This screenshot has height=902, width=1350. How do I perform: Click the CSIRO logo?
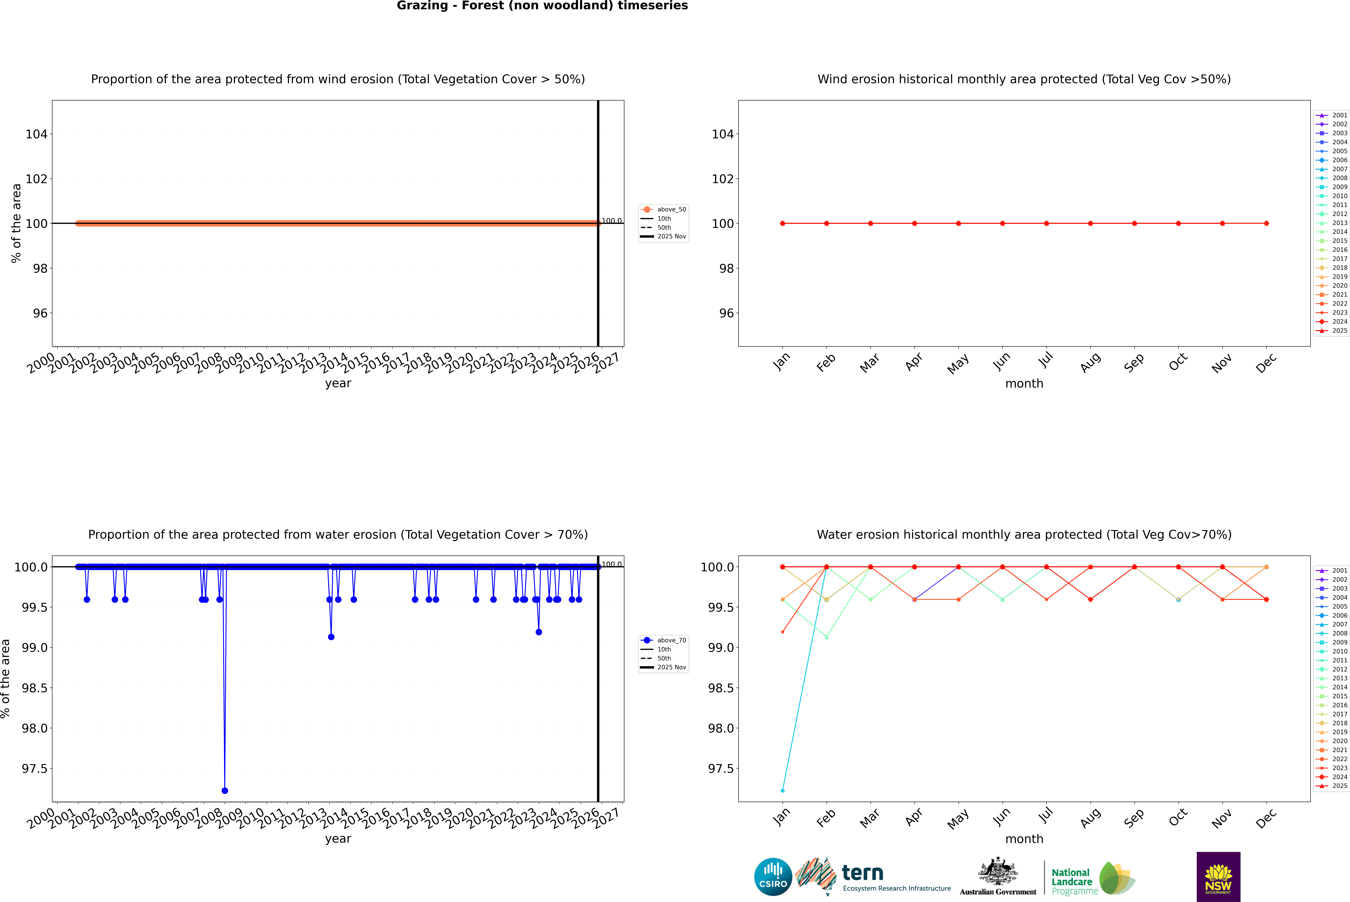tap(773, 877)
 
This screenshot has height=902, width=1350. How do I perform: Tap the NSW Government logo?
tap(1218, 877)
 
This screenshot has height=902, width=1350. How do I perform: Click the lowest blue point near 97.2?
tap(224, 790)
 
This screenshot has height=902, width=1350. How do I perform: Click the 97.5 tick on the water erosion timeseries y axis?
tap(35, 769)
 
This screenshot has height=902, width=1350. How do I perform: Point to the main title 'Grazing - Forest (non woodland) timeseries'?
tap(542, 6)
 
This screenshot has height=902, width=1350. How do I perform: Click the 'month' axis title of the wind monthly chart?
tap(1024, 384)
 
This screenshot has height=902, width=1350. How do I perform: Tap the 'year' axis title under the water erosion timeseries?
tap(338, 839)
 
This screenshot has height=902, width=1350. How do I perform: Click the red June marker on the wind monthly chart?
tap(1002, 223)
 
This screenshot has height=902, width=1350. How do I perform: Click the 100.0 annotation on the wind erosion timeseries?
tap(611, 221)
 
